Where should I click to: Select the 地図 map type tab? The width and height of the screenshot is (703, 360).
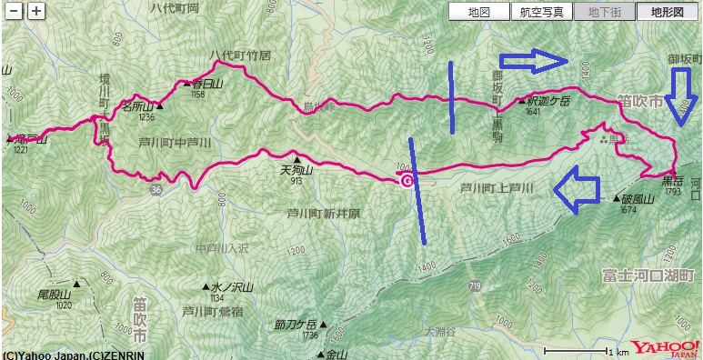[x=478, y=12]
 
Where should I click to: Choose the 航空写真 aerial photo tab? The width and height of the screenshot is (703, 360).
[x=541, y=12]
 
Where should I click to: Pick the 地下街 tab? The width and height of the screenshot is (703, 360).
[x=606, y=12]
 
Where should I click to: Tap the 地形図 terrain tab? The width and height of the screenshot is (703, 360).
[x=667, y=12]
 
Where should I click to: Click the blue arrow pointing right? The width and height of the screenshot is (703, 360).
[x=534, y=61]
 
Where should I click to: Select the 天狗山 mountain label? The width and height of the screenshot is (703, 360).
[x=297, y=169]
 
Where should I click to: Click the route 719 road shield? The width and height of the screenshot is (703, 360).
[x=475, y=285]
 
